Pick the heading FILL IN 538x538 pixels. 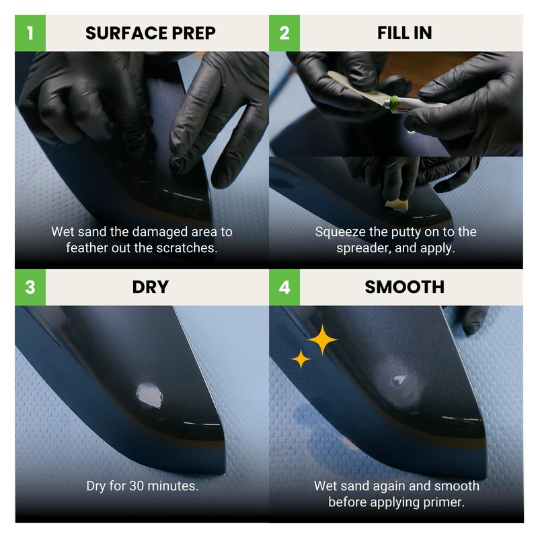coord(404,32)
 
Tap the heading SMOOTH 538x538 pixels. coord(404,287)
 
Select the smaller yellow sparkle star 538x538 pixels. coord(301,360)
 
